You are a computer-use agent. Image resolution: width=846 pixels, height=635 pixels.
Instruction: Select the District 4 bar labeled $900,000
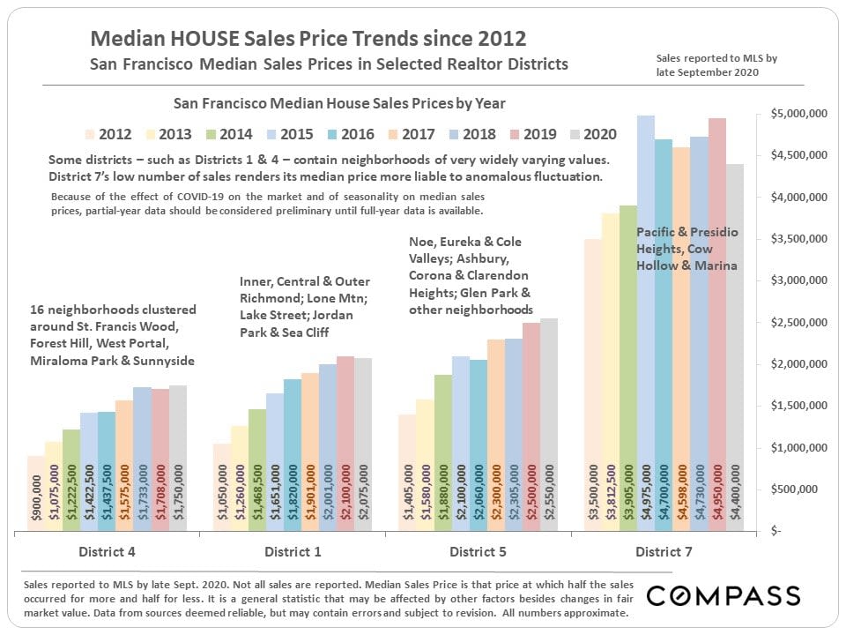pyautogui.click(x=36, y=494)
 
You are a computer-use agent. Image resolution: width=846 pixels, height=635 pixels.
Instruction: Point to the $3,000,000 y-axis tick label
pyautogui.click(x=791, y=280)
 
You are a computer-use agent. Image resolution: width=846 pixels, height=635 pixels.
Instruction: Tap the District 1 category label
pyautogui.click(x=293, y=553)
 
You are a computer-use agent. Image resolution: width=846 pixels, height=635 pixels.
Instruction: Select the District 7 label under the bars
pyautogui.click(x=664, y=553)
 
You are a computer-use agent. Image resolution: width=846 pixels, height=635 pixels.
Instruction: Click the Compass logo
pyautogui.click(x=724, y=596)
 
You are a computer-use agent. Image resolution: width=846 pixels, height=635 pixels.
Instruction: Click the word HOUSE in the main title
pyautogui.click(x=196, y=39)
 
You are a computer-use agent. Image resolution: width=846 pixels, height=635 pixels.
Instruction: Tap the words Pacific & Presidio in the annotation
pyautogui.click(x=686, y=232)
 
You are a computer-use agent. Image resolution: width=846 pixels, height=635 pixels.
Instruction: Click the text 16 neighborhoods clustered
pyautogui.click(x=113, y=310)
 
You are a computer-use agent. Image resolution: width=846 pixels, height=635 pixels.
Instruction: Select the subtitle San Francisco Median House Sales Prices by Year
pyautogui.click(x=339, y=103)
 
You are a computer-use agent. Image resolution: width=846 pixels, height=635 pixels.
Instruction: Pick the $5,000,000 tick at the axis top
pyautogui.click(x=791, y=114)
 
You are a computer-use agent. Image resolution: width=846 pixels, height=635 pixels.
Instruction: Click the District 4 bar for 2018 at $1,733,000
pyautogui.click(x=142, y=459)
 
